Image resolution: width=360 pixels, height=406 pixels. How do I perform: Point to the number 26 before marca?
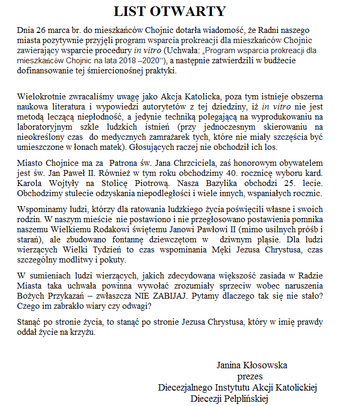(x=40, y=30)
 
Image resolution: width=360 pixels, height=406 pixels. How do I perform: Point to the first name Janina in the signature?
(x=230, y=366)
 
